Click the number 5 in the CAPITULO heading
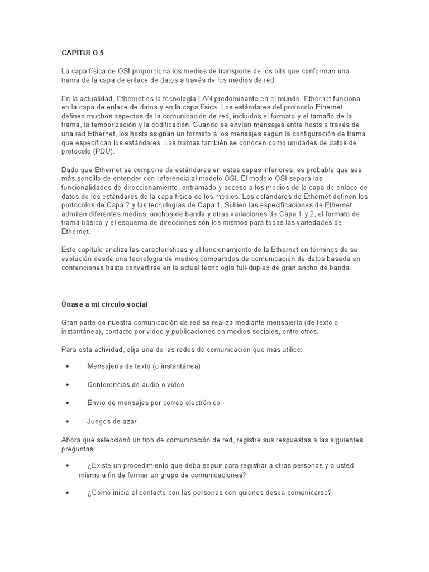[101, 53]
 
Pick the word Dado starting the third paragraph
[70, 169]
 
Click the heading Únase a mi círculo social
[104, 304]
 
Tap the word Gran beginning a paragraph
[70, 322]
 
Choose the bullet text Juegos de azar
[112, 421]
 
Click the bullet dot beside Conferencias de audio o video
[68, 384]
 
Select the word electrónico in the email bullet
[201, 403]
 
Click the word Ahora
[72, 440]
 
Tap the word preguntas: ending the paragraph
[79, 448]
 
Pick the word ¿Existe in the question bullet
[101, 466]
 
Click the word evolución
[79, 259]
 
